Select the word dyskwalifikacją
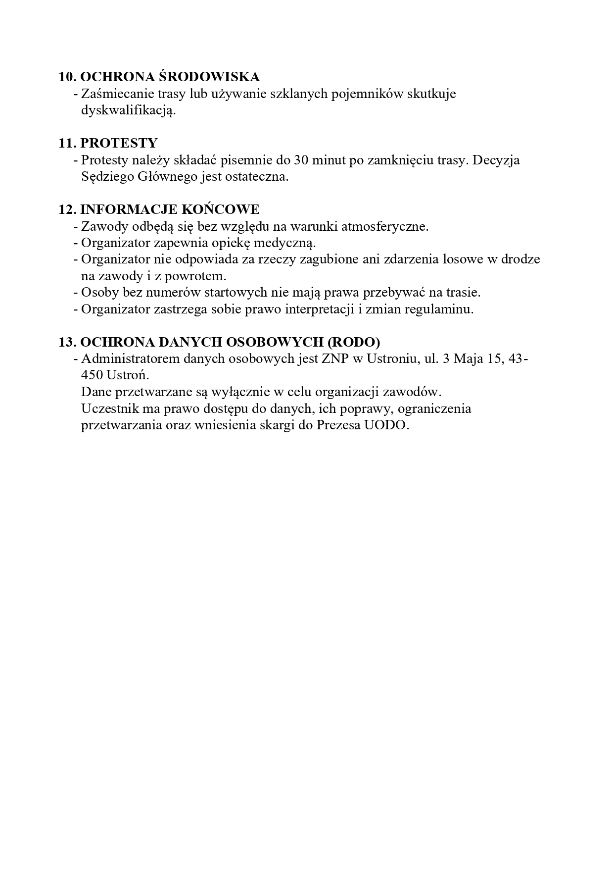point(128,110)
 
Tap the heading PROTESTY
point(119,143)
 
